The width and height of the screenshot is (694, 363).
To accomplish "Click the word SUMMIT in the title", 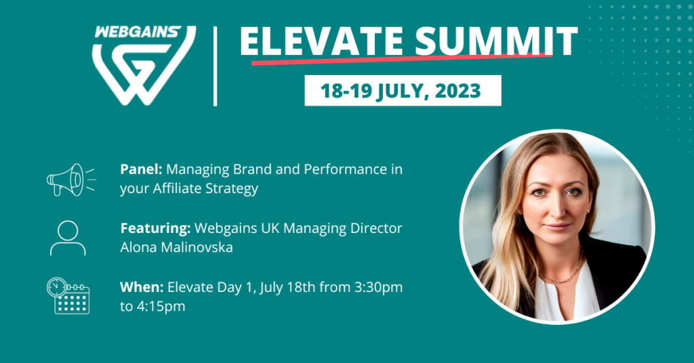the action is tap(496, 41).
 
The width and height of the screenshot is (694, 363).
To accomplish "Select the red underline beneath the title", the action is tap(402, 59).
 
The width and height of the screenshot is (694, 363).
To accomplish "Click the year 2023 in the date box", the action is tap(457, 91).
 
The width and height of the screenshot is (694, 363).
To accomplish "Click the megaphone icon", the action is tap(70, 179).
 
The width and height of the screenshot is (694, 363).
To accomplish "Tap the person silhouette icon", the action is tap(68, 238).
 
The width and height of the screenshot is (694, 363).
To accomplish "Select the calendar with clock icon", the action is tap(68, 296).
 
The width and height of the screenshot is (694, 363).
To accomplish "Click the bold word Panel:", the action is tap(141, 169).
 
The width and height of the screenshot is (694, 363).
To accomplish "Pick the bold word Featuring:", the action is tap(155, 229).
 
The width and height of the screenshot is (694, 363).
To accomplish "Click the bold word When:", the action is tap(142, 287).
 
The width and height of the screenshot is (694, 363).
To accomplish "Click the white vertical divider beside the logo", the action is tap(215, 66).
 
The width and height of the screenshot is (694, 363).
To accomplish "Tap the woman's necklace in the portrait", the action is tap(561, 274).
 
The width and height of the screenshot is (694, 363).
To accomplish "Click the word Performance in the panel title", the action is tap(346, 169).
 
